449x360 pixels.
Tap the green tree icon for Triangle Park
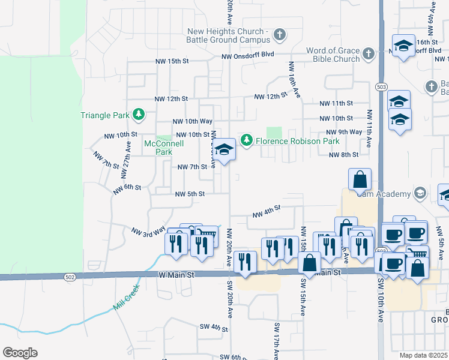[139, 113]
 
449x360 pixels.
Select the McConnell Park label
[158, 148]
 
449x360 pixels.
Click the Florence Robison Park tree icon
[246, 140]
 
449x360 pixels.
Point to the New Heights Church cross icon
[279, 35]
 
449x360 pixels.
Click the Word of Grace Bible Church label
[333, 55]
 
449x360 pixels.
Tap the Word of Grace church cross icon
[369, 55]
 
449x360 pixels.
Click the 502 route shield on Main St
[70, 276]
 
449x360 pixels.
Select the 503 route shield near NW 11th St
[381, 87]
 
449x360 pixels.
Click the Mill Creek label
[125, 298]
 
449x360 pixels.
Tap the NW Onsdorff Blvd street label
[247, 56]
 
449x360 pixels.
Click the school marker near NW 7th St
[224, 150]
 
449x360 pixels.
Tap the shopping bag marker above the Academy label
[360, 179]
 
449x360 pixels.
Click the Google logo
[20, 353]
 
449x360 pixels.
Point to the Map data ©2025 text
[423, 355]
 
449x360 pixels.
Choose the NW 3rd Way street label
[148, 230]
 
